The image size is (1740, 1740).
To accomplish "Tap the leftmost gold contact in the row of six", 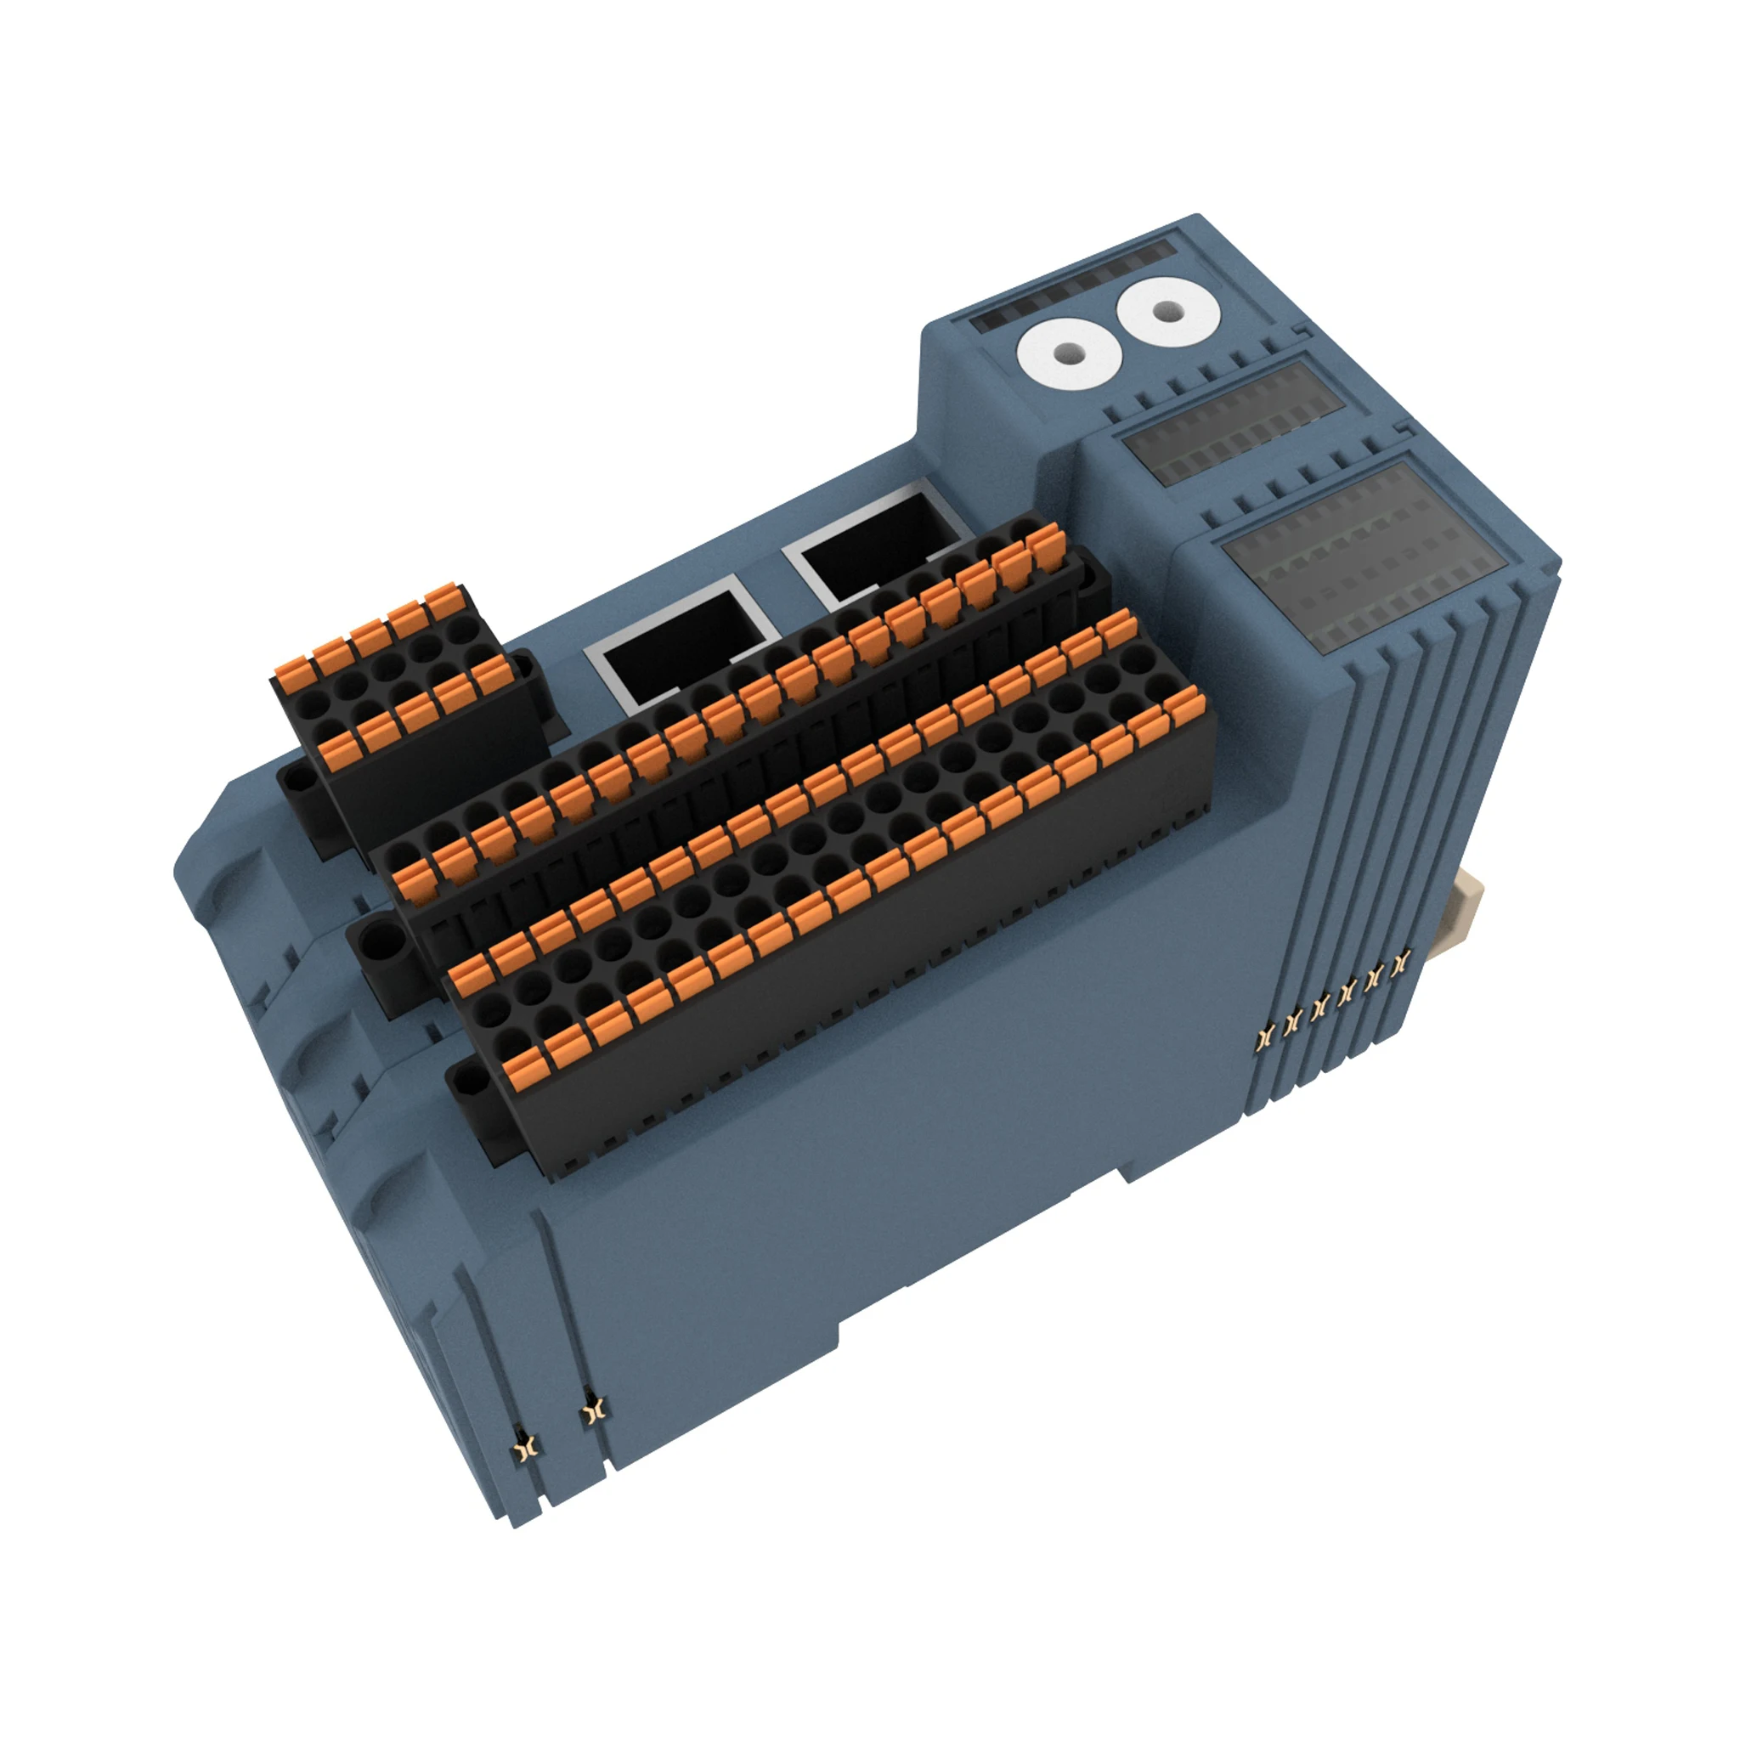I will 1265,1035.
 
